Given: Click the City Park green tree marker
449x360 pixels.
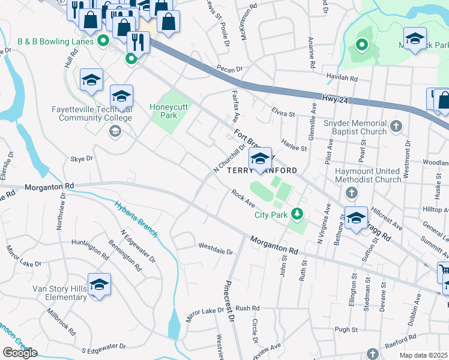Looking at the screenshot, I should (297, 214).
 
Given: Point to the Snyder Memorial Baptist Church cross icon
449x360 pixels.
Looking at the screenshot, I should (395, 126).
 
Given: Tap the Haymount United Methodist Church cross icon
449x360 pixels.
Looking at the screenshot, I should (352, 193).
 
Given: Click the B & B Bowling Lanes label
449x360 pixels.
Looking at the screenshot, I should (56, 41).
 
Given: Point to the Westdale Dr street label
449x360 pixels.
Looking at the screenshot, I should (215, 246).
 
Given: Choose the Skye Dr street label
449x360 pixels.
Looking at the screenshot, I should (82, 159).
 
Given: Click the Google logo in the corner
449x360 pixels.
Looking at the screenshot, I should (20, 353).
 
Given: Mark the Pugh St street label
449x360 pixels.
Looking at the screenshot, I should (346, 329).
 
